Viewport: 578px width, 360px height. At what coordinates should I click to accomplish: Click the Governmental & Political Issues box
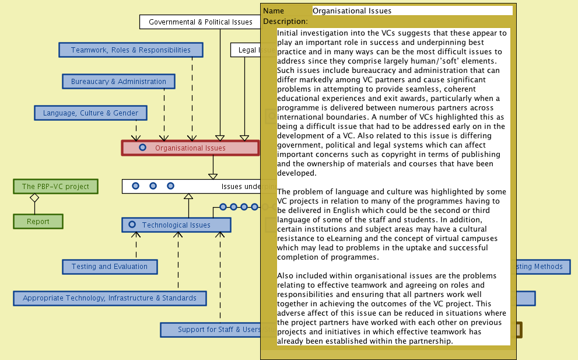[200, 22]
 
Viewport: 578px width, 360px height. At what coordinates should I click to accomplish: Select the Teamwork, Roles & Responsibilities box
[131, 50]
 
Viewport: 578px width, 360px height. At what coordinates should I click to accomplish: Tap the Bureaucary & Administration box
[118, 82]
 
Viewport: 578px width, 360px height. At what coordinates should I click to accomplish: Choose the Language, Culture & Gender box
[90, 113]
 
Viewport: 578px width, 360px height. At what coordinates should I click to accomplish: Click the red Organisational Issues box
[190, 148]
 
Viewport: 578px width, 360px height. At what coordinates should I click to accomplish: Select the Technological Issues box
[176, 225]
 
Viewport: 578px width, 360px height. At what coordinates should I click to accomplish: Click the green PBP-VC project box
[55, 187]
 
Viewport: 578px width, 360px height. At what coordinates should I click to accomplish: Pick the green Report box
[38, 222]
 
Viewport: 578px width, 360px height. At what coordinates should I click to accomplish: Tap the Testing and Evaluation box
[110, 267]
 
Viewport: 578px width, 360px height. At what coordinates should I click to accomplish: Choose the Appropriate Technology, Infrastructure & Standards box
[110, 298]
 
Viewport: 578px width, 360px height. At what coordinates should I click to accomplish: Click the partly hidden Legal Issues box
[246, 50]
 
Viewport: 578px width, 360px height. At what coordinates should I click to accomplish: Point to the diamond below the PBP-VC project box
[34, 198]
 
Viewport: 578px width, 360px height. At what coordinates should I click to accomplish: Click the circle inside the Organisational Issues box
[142, 148]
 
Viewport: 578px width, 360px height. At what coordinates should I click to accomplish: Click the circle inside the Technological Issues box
[132, 225]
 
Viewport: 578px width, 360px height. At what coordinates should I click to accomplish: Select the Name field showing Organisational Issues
[412, 11]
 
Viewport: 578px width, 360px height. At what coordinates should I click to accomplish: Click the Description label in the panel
[285, 22]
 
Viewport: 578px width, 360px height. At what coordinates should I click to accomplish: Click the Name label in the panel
[274, 11]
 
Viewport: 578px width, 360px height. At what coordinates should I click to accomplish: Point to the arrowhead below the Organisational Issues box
[213, 175]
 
